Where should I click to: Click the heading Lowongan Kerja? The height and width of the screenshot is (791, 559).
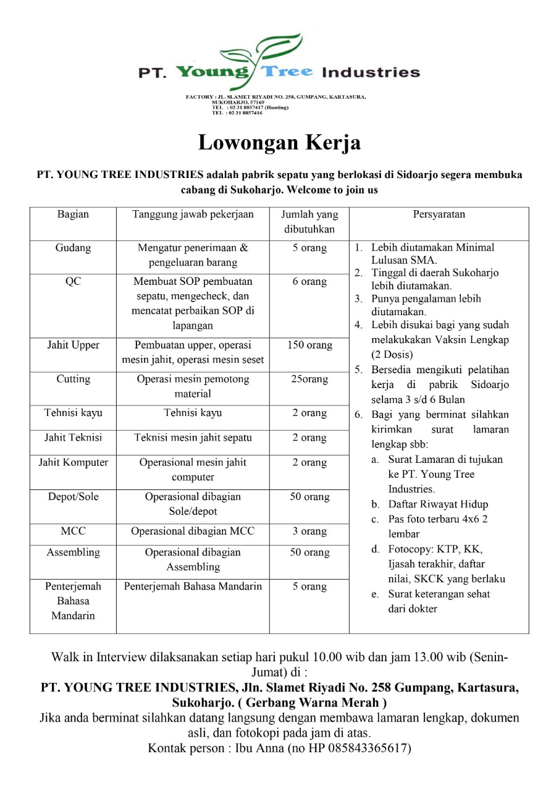(279, 143)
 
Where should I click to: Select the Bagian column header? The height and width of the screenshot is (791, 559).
(73, 214)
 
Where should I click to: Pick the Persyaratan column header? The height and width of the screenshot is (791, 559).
(439, 214)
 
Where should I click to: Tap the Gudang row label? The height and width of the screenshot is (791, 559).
(73, 248)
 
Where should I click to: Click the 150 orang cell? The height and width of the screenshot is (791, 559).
(309, 345)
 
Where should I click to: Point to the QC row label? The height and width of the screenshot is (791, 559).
(73, 282)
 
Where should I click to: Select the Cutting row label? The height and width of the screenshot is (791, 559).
(73, 379)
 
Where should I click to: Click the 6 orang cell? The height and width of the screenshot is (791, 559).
(309, 282)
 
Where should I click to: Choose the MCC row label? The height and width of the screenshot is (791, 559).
(73, 531)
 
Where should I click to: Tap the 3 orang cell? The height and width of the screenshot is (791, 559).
(309, 531)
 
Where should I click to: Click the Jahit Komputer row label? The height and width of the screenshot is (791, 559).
(73, 463)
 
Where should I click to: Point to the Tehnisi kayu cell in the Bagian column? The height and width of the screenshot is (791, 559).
(73, 413)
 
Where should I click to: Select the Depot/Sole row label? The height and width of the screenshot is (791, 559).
(73, 497)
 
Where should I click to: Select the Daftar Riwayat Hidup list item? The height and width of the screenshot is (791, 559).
(438, 504)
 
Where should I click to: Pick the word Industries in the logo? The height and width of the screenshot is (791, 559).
(371, 72)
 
